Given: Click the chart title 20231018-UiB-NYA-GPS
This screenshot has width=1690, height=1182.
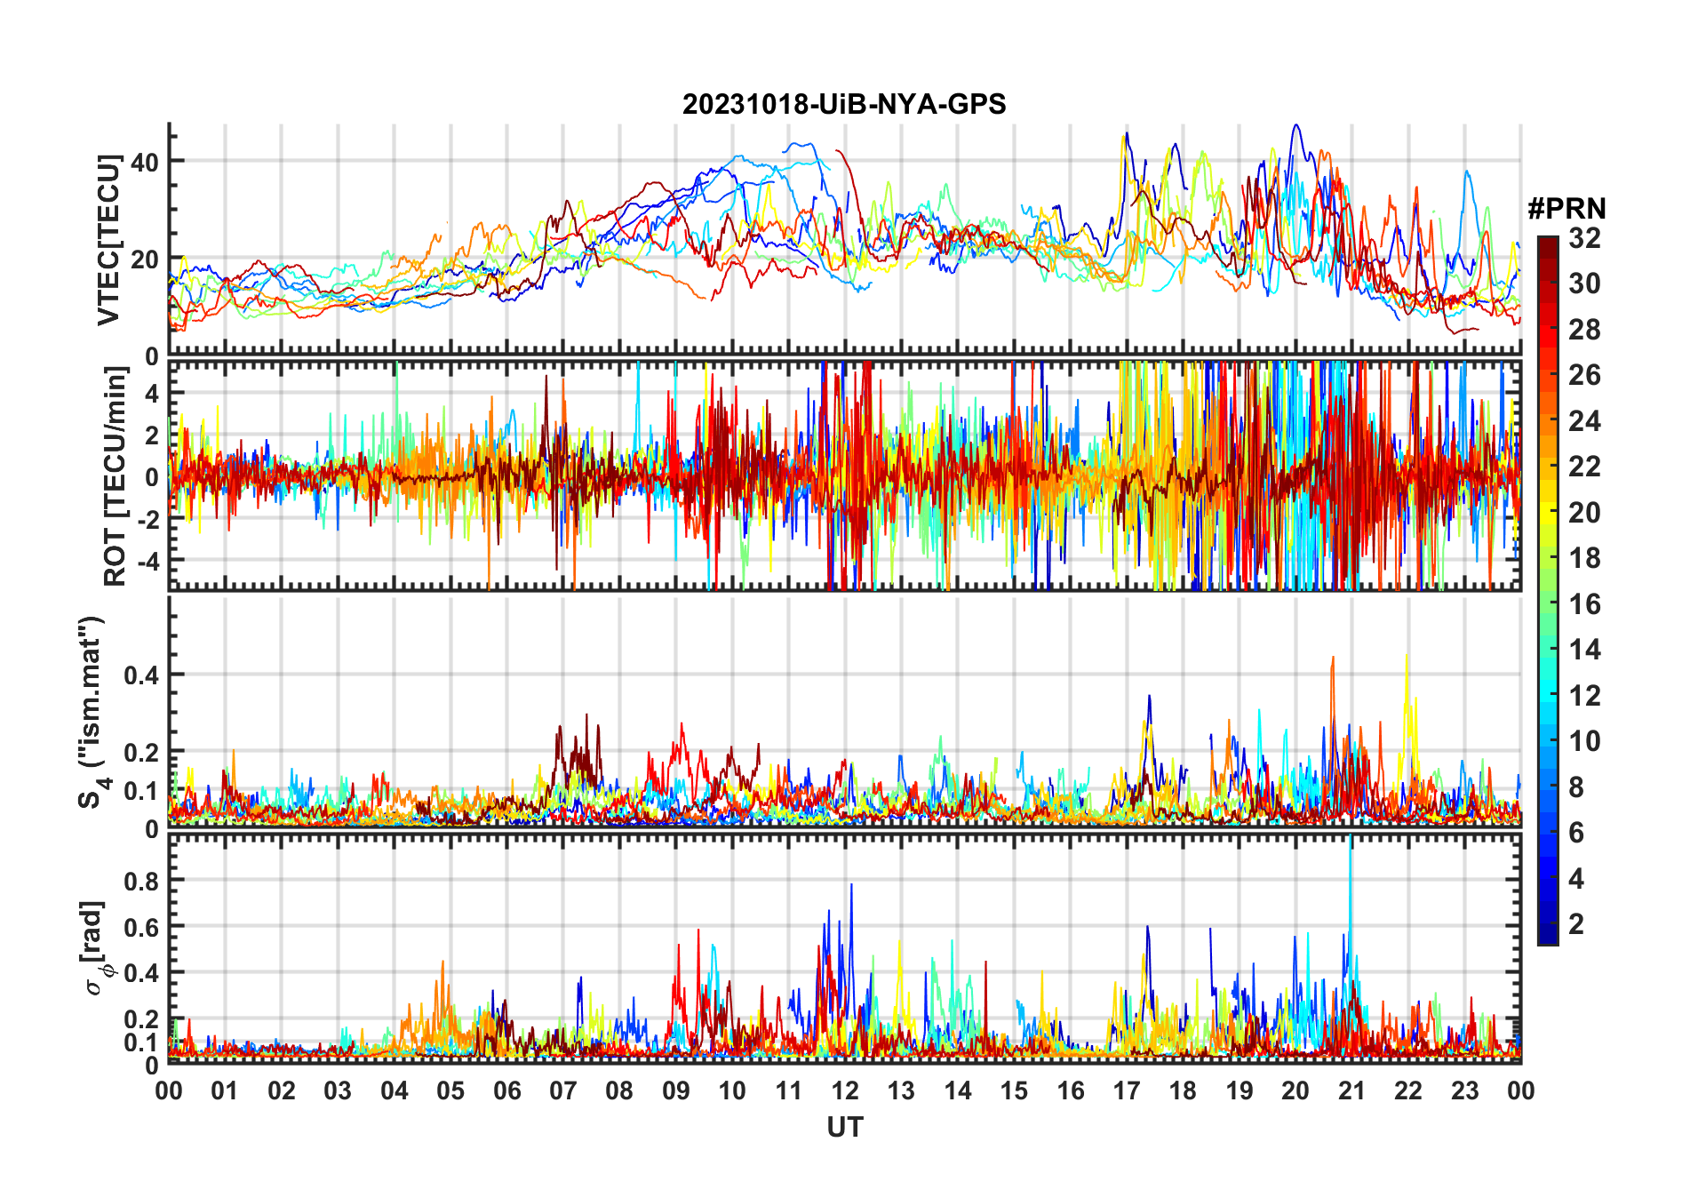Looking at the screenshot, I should tap(844, 105).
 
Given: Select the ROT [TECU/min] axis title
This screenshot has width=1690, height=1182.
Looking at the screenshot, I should tap(116, 475).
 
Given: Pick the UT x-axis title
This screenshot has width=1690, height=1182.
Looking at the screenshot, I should tap(844, 1127).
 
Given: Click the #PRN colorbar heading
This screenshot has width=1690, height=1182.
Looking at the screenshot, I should tap(1566, 209).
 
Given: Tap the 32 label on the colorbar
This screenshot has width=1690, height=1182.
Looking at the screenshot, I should tap(1584, 238).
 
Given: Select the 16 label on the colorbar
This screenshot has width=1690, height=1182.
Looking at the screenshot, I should tap(1584, 604).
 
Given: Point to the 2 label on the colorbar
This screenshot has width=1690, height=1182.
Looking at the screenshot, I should tap(1576, 924).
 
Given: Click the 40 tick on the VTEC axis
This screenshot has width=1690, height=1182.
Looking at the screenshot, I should tap(144, 162).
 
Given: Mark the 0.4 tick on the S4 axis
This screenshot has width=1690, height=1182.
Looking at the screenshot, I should tap(140, 675).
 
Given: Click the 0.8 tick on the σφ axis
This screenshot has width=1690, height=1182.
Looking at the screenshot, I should tap(140, 881).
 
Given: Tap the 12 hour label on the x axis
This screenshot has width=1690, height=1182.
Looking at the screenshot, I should tap(845, 1090).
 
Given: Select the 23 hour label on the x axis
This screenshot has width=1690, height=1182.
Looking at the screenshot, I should tap(1464, 1090).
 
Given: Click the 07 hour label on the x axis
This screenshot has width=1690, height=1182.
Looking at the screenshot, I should tap(563, 1090).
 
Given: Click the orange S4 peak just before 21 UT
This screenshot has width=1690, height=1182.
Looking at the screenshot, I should tap(1332, 659).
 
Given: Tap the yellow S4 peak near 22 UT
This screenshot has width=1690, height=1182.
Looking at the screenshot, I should tap(1406, 657).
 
